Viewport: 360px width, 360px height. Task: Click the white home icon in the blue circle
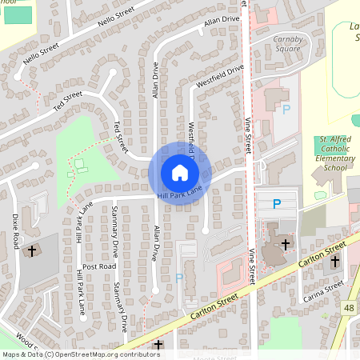(x=180, y=173)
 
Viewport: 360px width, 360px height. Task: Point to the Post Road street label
(x=98, y=266)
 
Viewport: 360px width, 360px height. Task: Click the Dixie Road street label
(x=15, y=230)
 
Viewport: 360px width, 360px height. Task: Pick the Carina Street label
(x=323, y=291)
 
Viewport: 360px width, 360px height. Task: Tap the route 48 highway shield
(x=350, y=308)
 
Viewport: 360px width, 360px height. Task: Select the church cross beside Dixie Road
(x=32, y=251)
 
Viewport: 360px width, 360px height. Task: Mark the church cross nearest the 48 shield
(x=335, y=262)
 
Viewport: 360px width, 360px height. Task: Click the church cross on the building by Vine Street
(x=286, y=242)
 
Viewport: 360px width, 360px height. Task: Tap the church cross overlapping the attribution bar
(x=158, y=345)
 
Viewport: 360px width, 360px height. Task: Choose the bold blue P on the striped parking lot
(x=277, y=204)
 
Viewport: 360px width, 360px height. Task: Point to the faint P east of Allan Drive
(x=179, y=278)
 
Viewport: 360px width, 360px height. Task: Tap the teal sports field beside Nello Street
(x=15, y=14)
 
